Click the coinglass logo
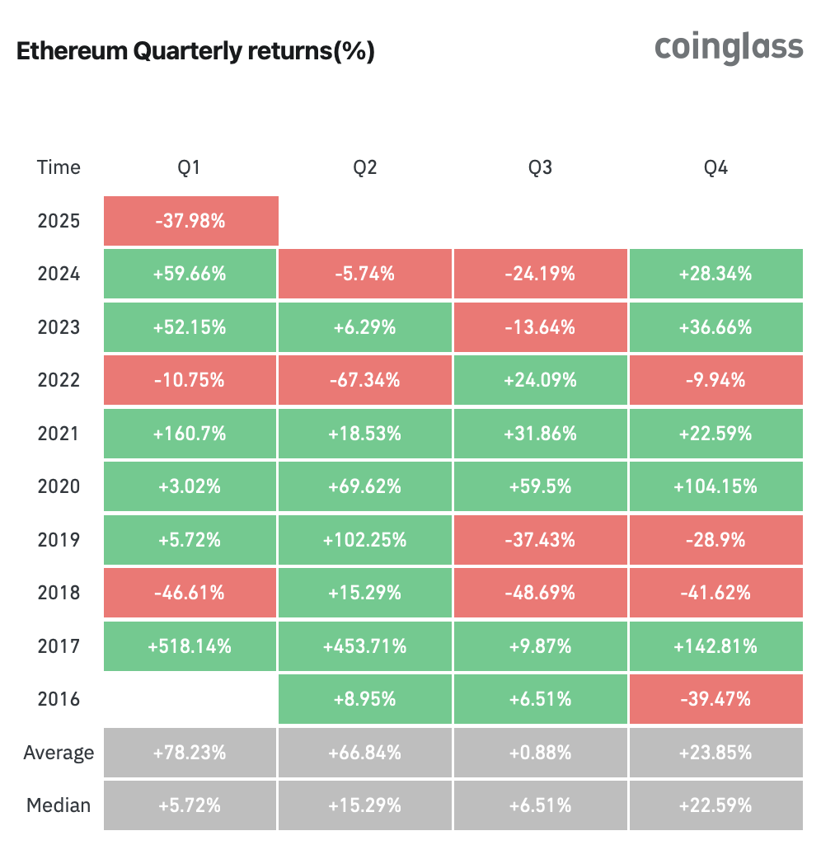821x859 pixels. (728, 48)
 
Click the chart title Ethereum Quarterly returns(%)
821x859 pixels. (195, 52)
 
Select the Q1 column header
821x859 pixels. (190, 168)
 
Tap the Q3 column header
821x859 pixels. (540, 168)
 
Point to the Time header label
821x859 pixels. (59, 168)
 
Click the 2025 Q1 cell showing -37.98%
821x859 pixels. (190, 221)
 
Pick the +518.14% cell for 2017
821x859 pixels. (190, 646)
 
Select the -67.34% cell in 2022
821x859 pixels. (365, 380)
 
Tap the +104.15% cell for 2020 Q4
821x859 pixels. (715, 486)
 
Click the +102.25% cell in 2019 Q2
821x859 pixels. (365, 540)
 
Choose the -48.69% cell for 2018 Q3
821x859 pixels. (540, 593)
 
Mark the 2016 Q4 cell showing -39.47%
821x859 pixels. (715, 699)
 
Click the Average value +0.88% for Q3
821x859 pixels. (540, 753)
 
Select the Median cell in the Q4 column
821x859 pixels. (715, 805)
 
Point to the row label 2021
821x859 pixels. (59, 434)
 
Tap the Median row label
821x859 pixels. (59, 805)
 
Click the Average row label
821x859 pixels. (59, 753)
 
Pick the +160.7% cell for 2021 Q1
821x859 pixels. (190, 434)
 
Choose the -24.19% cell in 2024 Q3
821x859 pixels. (540, 274)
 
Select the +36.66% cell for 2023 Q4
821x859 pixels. (715, 327)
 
